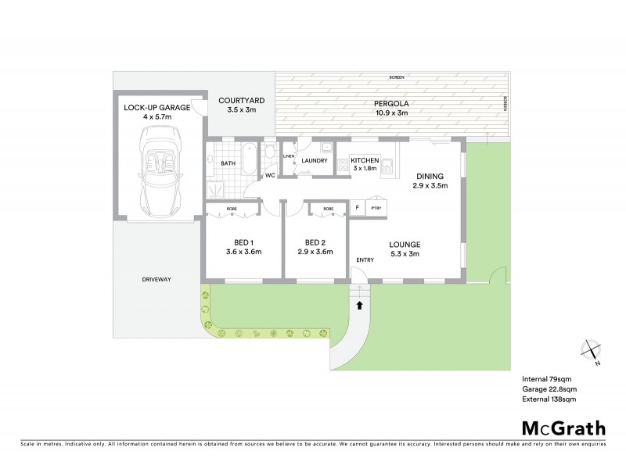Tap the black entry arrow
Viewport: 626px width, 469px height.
coord(360,306)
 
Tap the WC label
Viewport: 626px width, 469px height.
coord(270,175)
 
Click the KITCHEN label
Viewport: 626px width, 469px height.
coord(365,160)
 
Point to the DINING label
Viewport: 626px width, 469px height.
coord(430,177)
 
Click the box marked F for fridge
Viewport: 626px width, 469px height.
coord(357,208)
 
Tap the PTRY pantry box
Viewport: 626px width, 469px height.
coord(376,208)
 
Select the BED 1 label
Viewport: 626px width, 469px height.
coord(243,241)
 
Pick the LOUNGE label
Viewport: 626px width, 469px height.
coord(405,243)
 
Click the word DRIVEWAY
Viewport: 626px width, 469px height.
coord(156,279)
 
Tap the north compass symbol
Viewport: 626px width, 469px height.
coord(593,354)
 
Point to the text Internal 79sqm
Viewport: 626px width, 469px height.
coord(547,378)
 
